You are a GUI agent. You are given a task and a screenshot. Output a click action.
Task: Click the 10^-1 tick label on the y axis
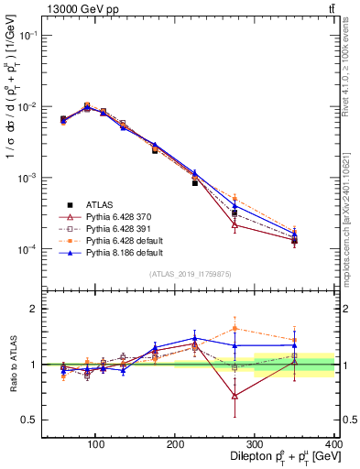click(26, 35)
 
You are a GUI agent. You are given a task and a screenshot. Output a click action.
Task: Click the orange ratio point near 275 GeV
click(235, 328)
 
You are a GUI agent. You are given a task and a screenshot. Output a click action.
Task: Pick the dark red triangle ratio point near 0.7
click(235, 396)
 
